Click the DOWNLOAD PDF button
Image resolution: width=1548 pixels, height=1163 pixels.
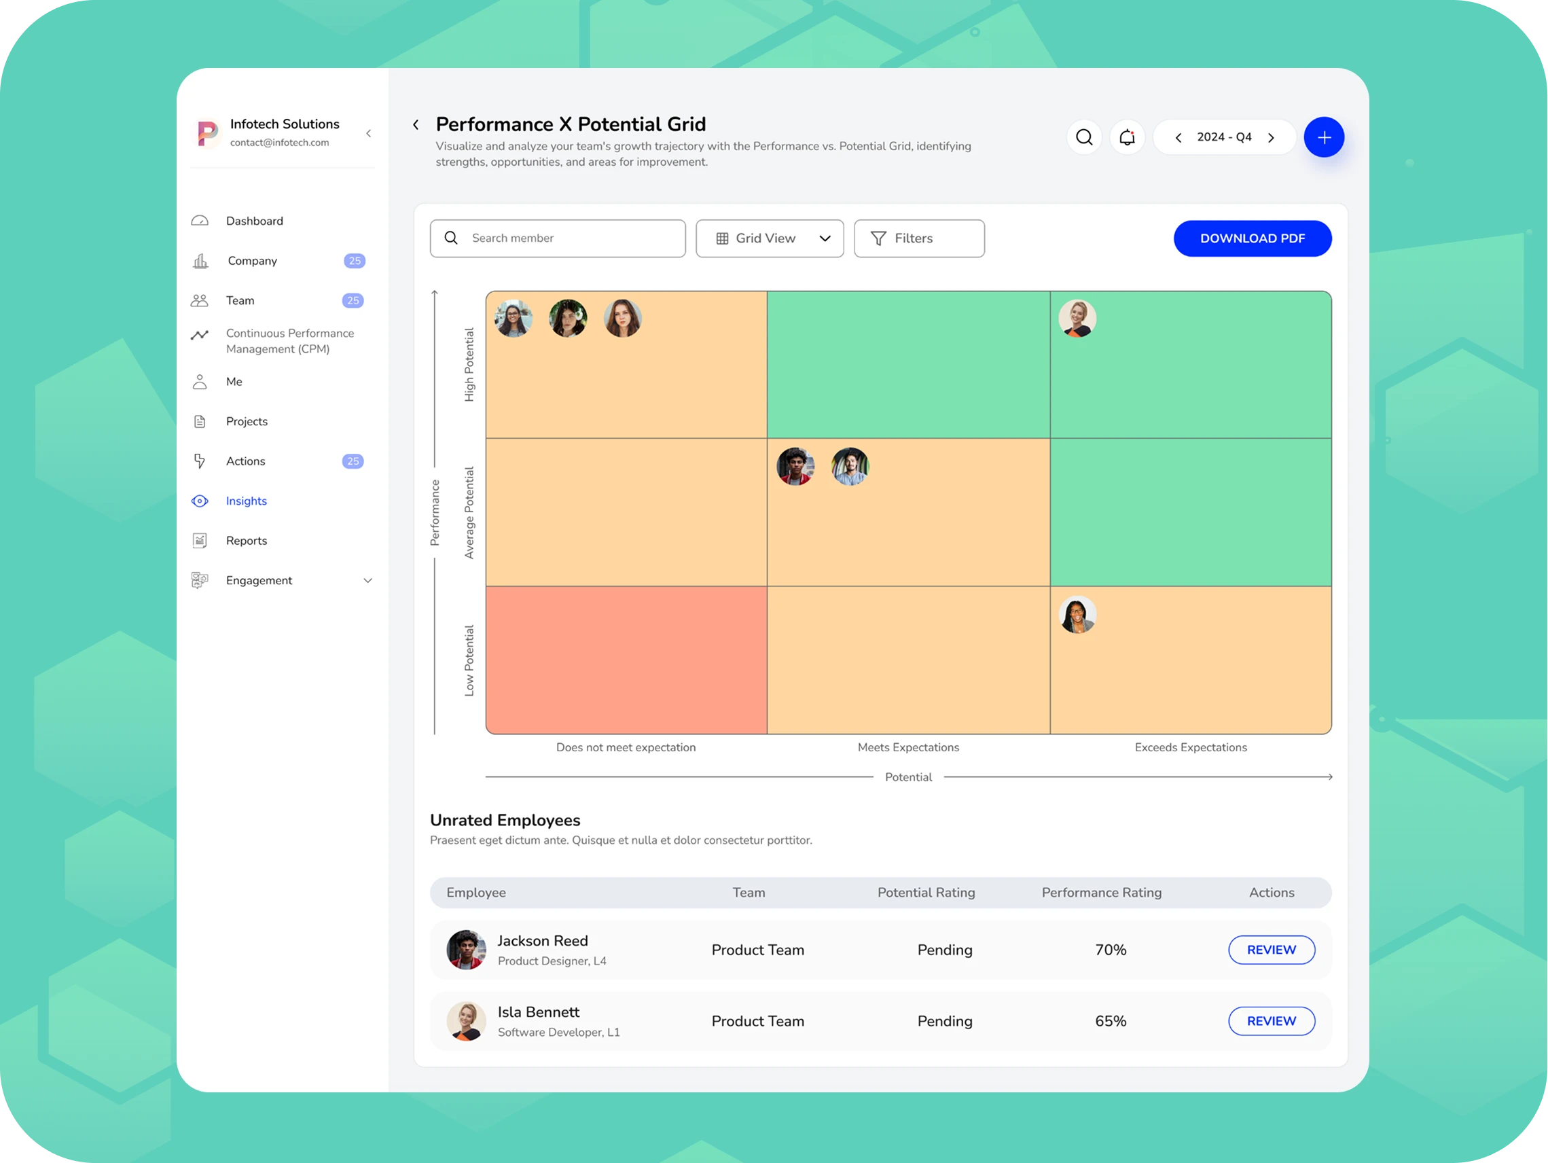coord(1252,238)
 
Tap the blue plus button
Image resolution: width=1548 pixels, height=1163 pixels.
coord(1323,137)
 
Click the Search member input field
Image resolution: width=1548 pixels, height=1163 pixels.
coord(558,238)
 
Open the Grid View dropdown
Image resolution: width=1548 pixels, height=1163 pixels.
coord(769,238)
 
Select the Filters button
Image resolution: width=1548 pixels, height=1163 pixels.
coord(918,238)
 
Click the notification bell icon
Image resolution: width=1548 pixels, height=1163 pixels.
coord(1127,137)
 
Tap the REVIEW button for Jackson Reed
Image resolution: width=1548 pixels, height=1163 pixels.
coord(1271,950)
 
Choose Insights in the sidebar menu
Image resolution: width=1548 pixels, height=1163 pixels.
coord(247,501)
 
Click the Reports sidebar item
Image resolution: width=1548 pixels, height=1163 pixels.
coord(247,541)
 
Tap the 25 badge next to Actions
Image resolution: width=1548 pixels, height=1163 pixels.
coord(353,461)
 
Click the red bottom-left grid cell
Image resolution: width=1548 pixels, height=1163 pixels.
coord(626,660)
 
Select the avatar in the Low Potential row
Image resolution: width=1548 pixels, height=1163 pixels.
coord(1077,614)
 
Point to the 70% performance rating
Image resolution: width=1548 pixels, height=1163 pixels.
coord(1111,950)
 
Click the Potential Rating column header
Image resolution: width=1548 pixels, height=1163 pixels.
coord(926,892)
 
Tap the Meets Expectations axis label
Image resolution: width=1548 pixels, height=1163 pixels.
coord(907,747)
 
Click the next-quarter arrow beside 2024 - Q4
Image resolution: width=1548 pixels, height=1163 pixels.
coord(1271,138)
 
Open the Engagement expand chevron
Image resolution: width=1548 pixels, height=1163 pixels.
coord(367,581)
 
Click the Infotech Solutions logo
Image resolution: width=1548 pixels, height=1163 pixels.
coord(207,133)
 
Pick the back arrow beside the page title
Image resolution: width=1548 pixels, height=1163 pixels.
coord(416,124)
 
